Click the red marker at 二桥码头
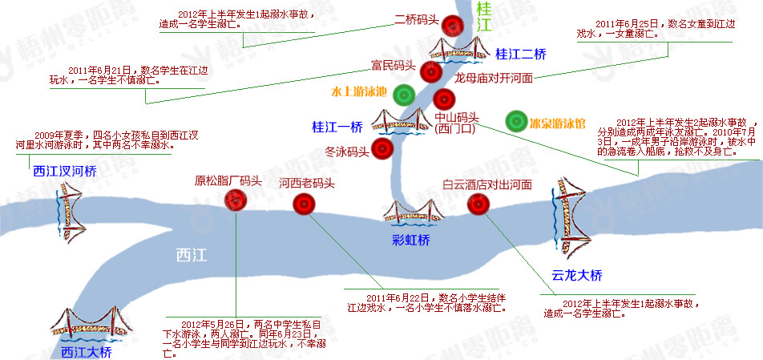(454, 26)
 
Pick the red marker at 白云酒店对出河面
(478, 204)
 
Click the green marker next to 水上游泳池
(403, 95)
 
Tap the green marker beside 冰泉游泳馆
(516, 122)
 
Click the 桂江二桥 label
(521, 55)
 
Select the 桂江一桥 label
(337, 126)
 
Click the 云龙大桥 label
(577, 275)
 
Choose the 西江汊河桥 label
(64, 171)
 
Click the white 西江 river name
(192, 256)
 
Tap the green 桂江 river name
(483, 18)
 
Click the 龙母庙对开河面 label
(493, 79)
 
